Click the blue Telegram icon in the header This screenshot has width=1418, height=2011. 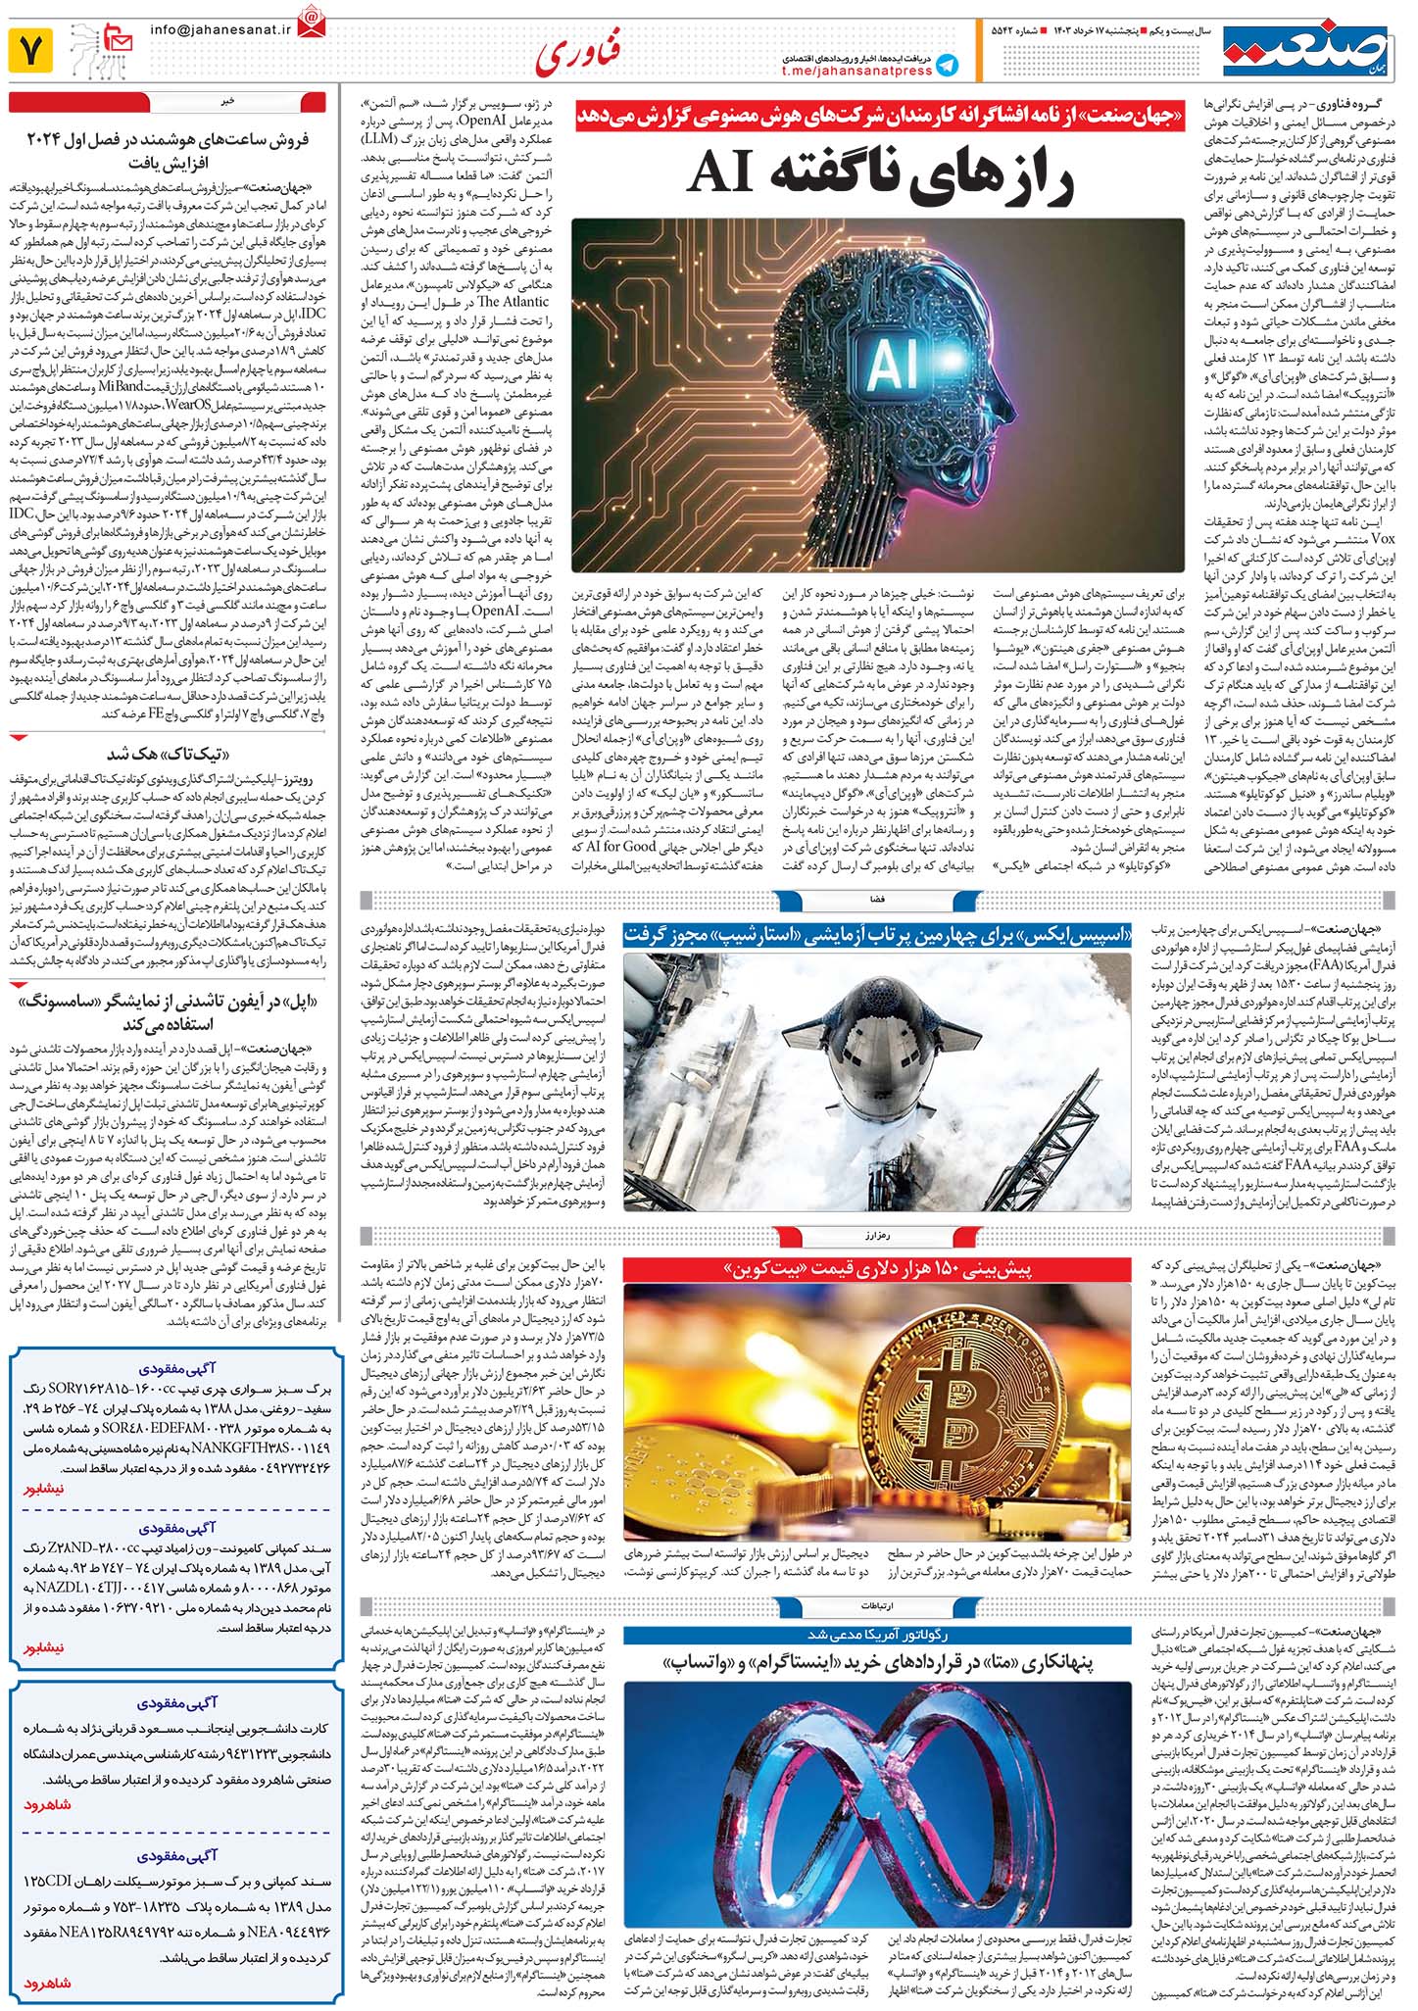click(x=946, y=65)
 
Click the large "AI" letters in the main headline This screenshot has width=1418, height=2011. click(x=722, y=172)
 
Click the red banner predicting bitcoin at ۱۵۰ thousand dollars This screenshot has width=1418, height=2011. click(x=877, y=1268)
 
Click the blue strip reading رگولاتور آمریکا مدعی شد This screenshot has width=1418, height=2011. click(x=877, y=1635)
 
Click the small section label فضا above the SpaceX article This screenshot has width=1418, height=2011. click(x=877, y=898)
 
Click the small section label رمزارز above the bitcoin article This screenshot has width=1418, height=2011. click(x=877, y=1233)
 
